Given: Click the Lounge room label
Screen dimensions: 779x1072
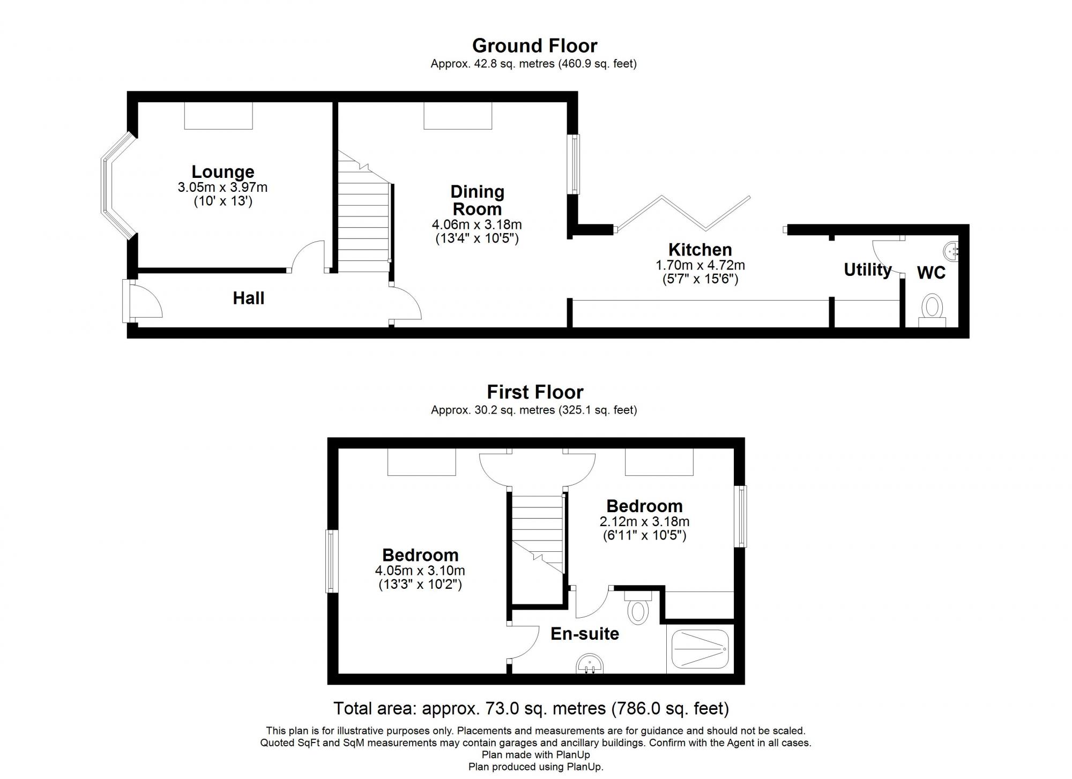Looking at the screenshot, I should point(223,172).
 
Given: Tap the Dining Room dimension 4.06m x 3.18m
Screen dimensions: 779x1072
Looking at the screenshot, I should point(477,224).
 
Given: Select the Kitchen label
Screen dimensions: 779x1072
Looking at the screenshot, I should point(700,250).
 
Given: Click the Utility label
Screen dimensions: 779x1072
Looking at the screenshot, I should point(867,269).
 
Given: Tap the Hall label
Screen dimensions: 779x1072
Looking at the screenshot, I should point(248,298).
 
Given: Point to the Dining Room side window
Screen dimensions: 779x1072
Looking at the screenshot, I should point(575,164).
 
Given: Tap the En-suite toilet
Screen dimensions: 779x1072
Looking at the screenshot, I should point(638,610).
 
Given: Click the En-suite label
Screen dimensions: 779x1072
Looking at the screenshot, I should point(585,634).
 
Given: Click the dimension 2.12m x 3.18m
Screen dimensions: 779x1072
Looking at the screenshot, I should point(644,521).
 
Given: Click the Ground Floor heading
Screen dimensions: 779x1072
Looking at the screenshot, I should point(534,46).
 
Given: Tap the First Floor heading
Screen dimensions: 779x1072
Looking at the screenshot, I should point(534,392).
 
